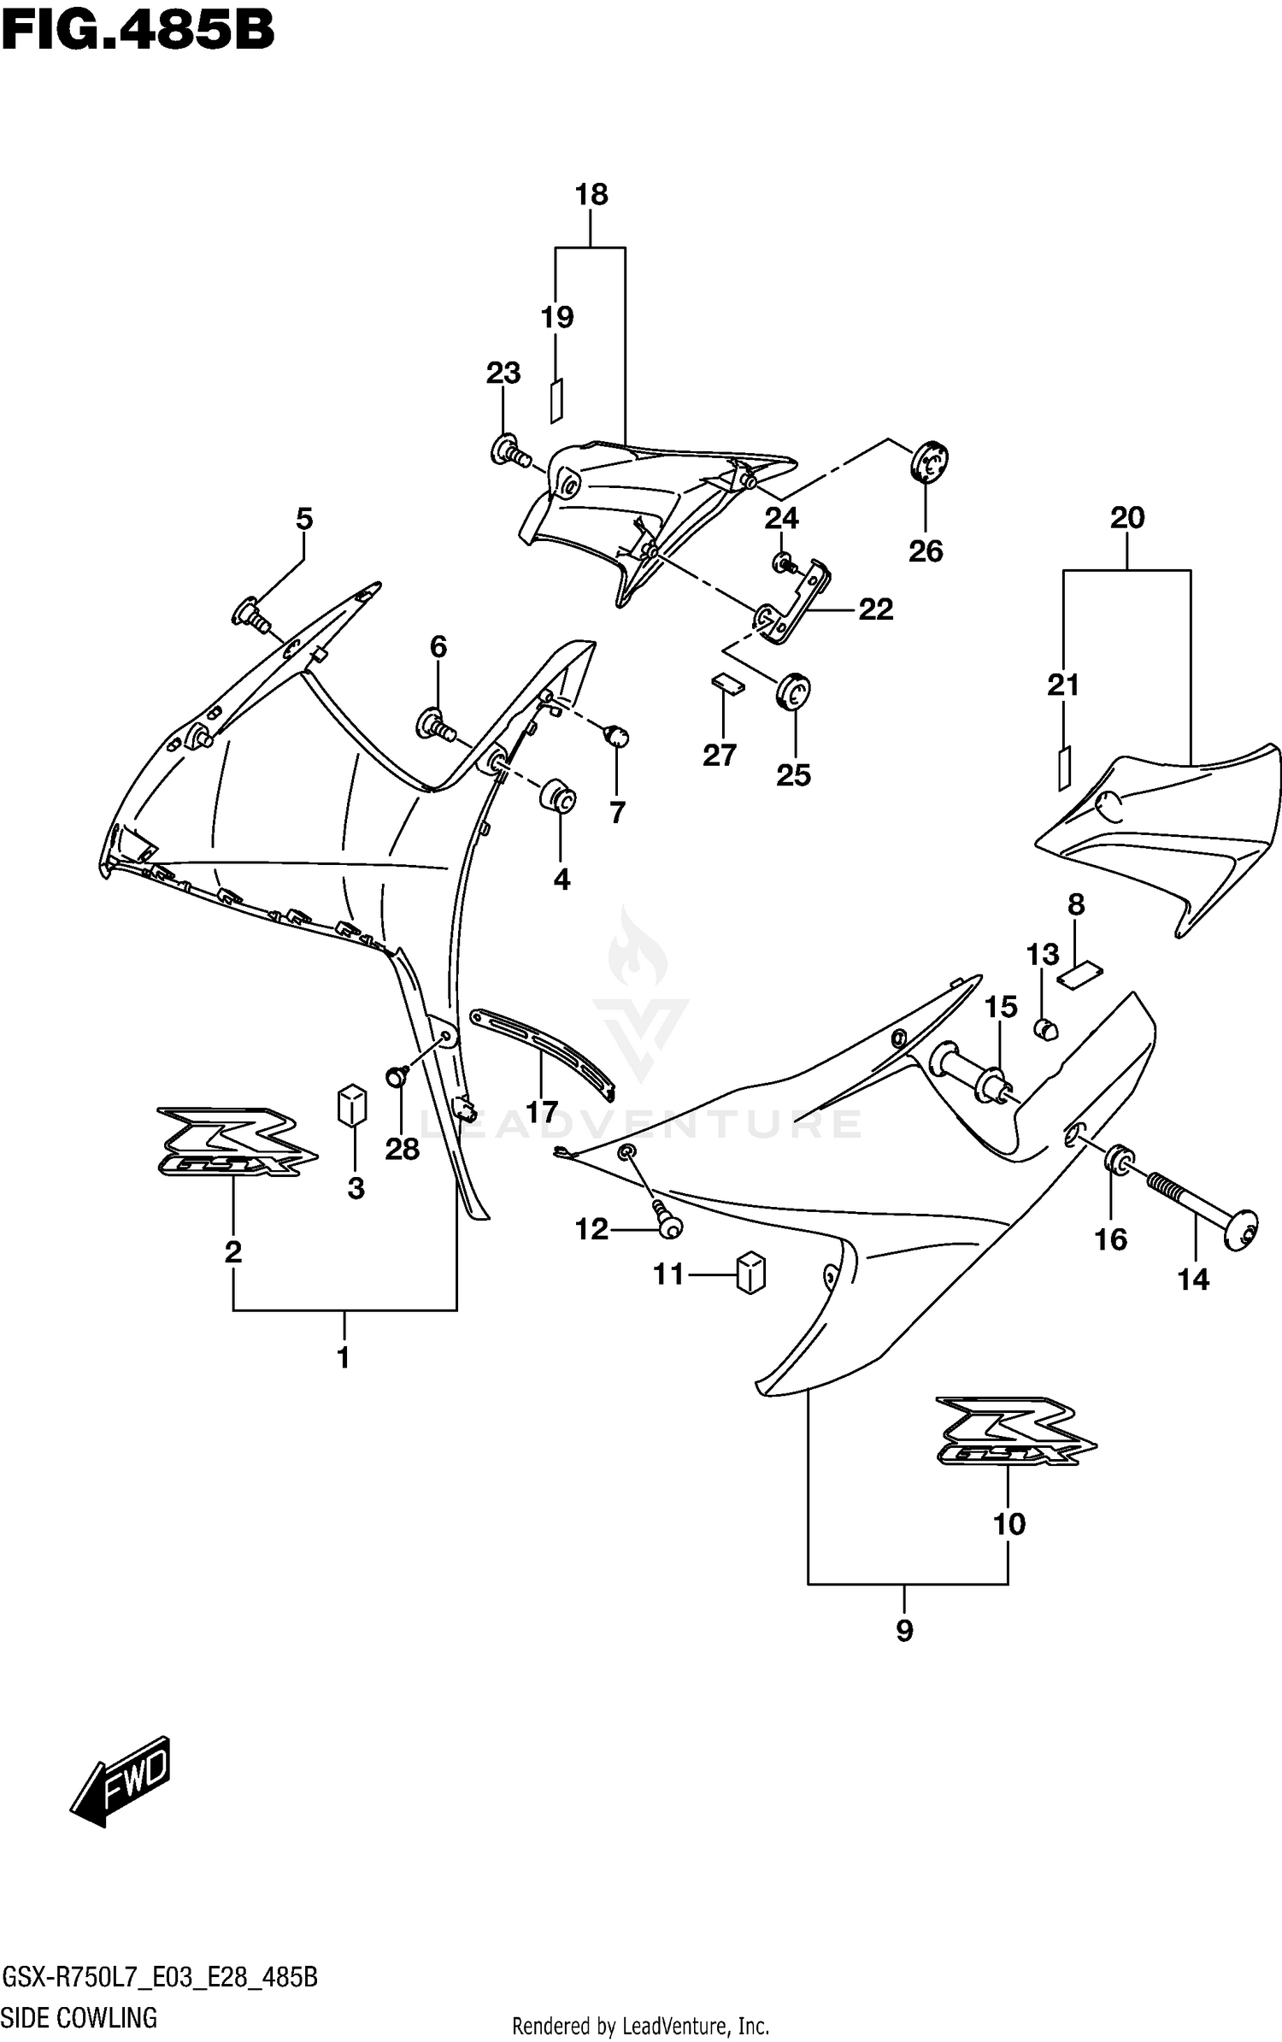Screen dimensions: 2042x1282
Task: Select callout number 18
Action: click(591, 195)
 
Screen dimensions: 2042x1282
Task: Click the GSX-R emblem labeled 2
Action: click(235, 1142)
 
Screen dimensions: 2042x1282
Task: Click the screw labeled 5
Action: click(249, 613)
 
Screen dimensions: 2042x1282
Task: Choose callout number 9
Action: click(904, 1631)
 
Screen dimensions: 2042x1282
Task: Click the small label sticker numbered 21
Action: click(1063, 768)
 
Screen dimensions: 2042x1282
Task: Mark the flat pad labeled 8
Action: click(1080, 974)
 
